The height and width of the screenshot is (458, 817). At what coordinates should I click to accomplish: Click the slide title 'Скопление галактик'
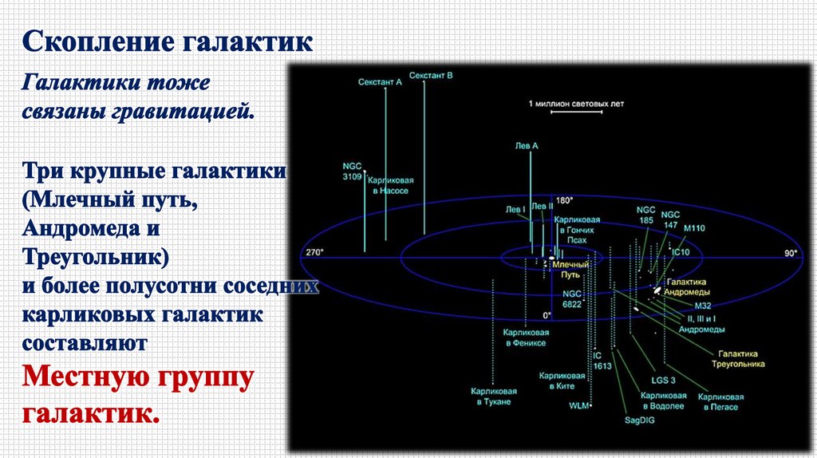pos(167,41)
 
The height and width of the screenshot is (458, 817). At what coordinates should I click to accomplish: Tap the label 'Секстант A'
pos(380,82)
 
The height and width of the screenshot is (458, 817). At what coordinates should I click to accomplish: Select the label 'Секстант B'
pos(431,76)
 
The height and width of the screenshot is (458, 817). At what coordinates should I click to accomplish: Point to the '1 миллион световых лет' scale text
pos(574,104)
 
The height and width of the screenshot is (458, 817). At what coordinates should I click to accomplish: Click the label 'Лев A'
pos(527,146)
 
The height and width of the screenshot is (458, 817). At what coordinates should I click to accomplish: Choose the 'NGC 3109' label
pos(352,171)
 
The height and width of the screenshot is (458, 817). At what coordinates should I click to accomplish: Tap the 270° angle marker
pos(315,253)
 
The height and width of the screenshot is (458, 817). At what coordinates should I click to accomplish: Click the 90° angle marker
pos(791,253)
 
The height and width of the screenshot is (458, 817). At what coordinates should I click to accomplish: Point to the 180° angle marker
pos(565,200)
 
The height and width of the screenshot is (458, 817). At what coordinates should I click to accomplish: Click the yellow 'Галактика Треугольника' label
pos(738,358)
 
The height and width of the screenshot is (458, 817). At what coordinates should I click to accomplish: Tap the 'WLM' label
pos(578,406)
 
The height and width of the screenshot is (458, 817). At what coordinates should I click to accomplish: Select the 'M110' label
pos(695,227)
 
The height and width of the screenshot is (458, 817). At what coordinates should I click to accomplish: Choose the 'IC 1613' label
pos(602,360)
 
